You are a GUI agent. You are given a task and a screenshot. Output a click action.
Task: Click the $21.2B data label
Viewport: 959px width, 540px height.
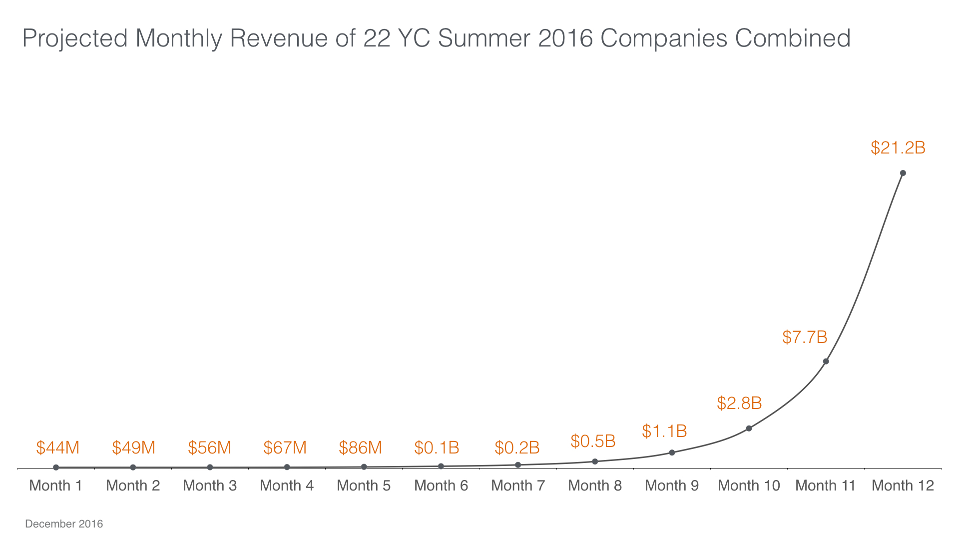[x=898, y=148]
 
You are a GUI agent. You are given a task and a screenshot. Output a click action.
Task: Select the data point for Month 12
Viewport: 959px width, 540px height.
[x=903, y=173]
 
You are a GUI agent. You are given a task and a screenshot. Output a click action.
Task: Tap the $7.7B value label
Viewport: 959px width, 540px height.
[x=805, y=337]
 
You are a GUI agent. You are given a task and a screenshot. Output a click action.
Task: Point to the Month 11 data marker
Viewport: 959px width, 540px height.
[x=826, y=361]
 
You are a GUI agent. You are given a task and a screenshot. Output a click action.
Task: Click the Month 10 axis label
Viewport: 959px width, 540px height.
[x=749, y=485]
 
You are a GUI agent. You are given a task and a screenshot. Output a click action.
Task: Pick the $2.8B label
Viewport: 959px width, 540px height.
[x=739, y=403]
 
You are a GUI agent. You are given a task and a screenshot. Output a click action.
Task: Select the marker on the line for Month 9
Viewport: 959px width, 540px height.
[x=672, y=452]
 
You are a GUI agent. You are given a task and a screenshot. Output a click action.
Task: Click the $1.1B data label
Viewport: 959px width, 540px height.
[x=664, y=431]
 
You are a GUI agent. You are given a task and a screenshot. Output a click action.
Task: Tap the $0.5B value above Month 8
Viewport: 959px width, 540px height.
[x=593, y=441]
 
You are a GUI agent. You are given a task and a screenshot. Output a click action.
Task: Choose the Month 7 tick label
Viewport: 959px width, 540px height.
[x=518, y=485]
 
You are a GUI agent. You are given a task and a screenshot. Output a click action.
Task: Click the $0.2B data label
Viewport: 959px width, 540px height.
[x=517, y=447]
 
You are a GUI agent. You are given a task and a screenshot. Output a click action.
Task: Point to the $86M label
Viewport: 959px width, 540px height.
[x=360, y=447]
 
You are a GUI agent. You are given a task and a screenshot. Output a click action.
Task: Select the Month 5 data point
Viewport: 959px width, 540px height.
[x=364, y=467]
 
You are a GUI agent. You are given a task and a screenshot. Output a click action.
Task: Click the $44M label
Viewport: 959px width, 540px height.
[x=58, y=447]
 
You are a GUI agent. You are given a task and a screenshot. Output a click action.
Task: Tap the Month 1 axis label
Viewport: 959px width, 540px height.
[x=55, y=485]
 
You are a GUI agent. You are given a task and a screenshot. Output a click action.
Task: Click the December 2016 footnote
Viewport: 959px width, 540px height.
[x=64, y=524]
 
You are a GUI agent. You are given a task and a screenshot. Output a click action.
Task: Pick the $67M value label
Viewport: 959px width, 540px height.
[x=285, y=447]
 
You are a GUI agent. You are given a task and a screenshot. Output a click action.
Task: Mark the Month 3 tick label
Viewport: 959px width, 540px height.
[x=210, y=485]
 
